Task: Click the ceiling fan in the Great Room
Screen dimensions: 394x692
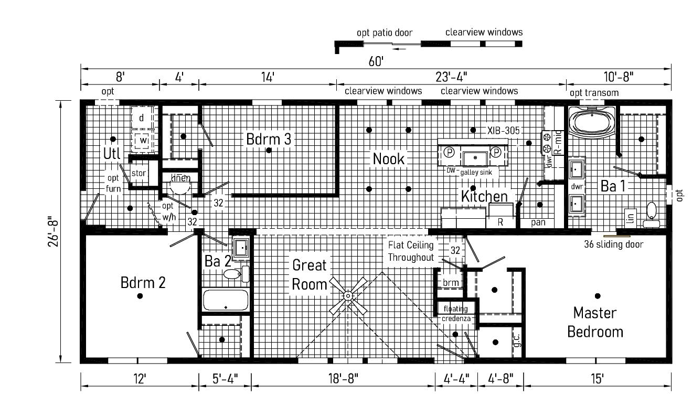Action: pyautogui.click(x=348, y=296)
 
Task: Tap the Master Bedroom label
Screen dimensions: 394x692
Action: pyautogui.click(x=595, y=322)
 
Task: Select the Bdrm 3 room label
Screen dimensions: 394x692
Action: pyautogui.click(x=268, y=139)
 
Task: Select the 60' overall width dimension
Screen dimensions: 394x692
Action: pyautogui.click(x=376, y=61)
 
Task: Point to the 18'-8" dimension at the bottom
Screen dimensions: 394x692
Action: pyautogui.click(x=343, y=379)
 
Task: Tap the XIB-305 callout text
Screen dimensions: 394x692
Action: pyautogui.click(x=503, y=131)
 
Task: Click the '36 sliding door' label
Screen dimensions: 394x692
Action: pyautogui.click(x=613, y=244)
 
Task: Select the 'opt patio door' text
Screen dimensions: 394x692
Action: pyautogui.click(x=385, y=33)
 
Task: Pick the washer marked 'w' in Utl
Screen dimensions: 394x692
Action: pyautogui.click(x=142, y=141)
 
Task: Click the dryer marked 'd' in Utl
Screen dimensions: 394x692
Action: pyautogui.click(x=142, y=118)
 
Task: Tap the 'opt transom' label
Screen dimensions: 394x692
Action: pyautogui.click(x=594, y=93)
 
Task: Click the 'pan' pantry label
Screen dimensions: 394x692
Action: pyautogui.click(x=538, y=222)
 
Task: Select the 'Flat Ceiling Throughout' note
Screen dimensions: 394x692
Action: pyautogui.click(x=411, y=251)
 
